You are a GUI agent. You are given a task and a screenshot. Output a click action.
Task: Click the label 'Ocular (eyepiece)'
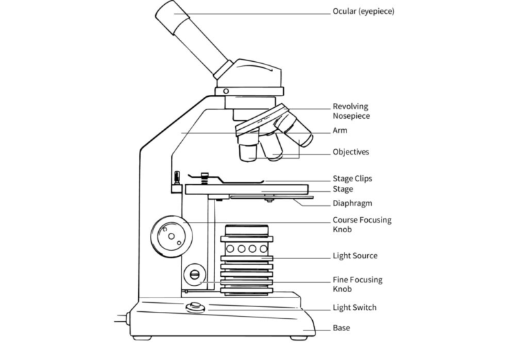pos(363,11)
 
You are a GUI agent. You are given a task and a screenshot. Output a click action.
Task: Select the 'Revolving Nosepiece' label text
pos(351,111)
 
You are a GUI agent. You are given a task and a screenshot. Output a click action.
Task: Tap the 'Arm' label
pos(340,131)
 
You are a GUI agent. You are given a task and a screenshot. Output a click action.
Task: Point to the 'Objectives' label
pos(351,152)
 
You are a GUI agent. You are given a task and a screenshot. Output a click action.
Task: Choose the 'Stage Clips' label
pos(352,179)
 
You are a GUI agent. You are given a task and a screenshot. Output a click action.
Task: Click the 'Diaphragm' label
pos(352,203)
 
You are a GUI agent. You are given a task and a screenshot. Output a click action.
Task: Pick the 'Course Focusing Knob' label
pos(362,225)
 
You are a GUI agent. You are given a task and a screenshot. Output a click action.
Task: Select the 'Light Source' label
pos(355,256)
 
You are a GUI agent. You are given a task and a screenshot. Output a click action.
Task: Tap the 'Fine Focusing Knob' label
pos(357,284)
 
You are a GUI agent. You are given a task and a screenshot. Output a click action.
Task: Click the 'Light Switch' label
pos(355,308)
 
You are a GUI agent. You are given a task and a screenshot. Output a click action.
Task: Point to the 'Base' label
pos(342,328)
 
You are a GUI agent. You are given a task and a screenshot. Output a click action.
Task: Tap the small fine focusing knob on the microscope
pos(195,275)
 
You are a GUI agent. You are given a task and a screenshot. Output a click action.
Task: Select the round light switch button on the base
pos(195,306)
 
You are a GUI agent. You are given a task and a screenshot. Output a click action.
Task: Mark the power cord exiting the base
pos(123,319)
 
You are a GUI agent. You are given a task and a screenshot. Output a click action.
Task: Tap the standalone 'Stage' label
pos(343,190)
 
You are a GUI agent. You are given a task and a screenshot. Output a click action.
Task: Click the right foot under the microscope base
pos(298,337)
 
